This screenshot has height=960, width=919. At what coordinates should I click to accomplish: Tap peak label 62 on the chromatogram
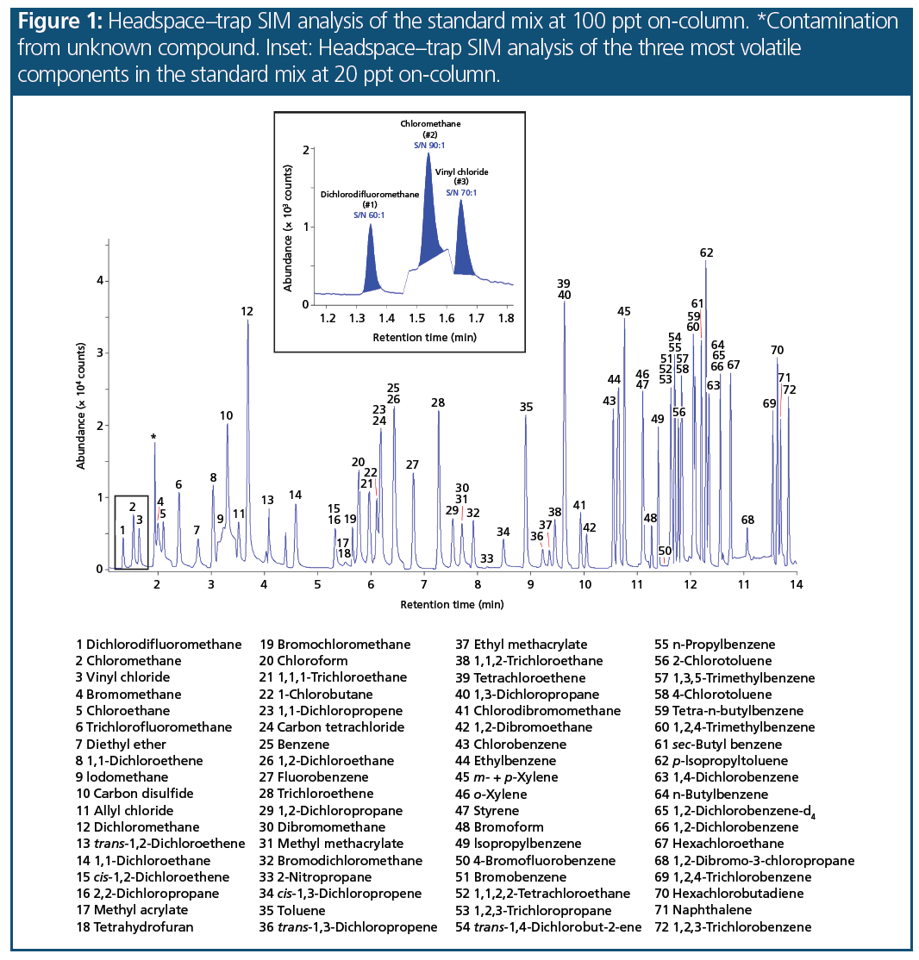[x=707, y=252]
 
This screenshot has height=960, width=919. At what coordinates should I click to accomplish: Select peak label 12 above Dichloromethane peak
[x=247, y=311]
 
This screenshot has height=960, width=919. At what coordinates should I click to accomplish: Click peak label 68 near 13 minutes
[x=747, y=520]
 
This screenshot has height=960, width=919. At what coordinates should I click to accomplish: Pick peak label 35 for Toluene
[x=527, y=407]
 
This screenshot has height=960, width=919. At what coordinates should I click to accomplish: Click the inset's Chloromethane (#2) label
[x=430, y=129]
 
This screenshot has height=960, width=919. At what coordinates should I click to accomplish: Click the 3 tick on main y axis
[x=101, y=352]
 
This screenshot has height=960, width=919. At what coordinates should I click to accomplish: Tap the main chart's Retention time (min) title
[x=451, y=604]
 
